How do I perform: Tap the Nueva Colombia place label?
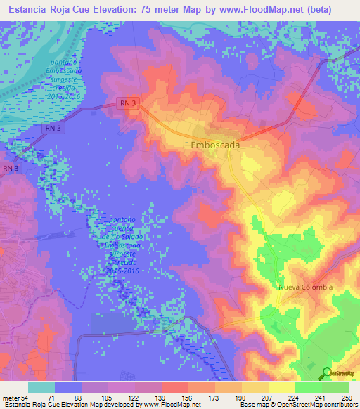pos(305,287)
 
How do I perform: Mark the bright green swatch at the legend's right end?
pos(335,387)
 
